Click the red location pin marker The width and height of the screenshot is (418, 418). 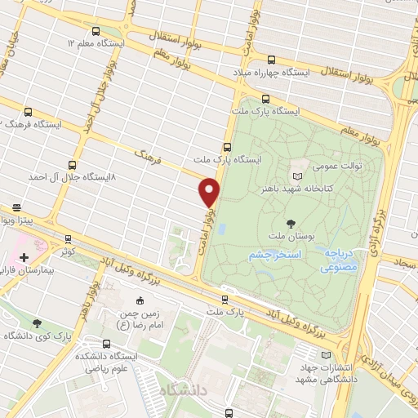point(209,192)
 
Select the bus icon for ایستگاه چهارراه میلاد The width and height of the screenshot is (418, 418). point(271,59)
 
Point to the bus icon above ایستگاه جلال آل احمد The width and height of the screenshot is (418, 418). point(72,163)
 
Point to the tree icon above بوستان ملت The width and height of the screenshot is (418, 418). point(291,223)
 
